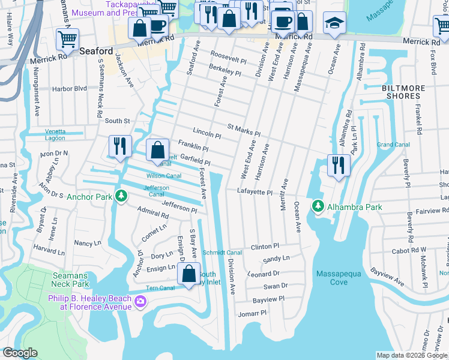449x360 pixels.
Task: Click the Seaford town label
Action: (x=95, y=52)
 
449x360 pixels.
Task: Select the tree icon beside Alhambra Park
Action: (x=318, y=207)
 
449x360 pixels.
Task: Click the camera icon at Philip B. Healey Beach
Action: (x=140, y=301)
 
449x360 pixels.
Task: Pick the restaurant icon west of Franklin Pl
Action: (x=118, y=148)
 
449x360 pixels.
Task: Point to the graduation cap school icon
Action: (x=334, y=24)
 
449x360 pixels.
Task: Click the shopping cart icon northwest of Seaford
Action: (x=67, y=40)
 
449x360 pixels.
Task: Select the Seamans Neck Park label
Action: (x=67, y=280)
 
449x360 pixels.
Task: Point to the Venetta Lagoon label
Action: (x=62, y=135)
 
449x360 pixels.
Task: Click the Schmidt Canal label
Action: (x=222, y=253)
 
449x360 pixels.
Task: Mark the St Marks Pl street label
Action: (x=243, y=129)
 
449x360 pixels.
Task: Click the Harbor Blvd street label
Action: (x=70, y=88)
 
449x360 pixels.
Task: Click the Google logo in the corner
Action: (x=20, y=353)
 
